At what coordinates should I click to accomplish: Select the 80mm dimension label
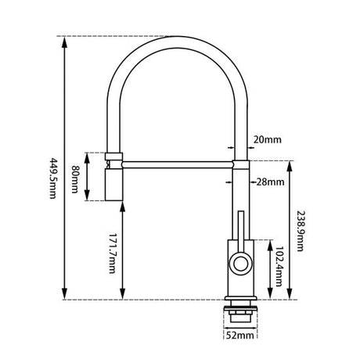pyautogui.click(x=74, y=178)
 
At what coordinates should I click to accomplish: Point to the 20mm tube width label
pyautogui.click(x=266, y=142)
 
